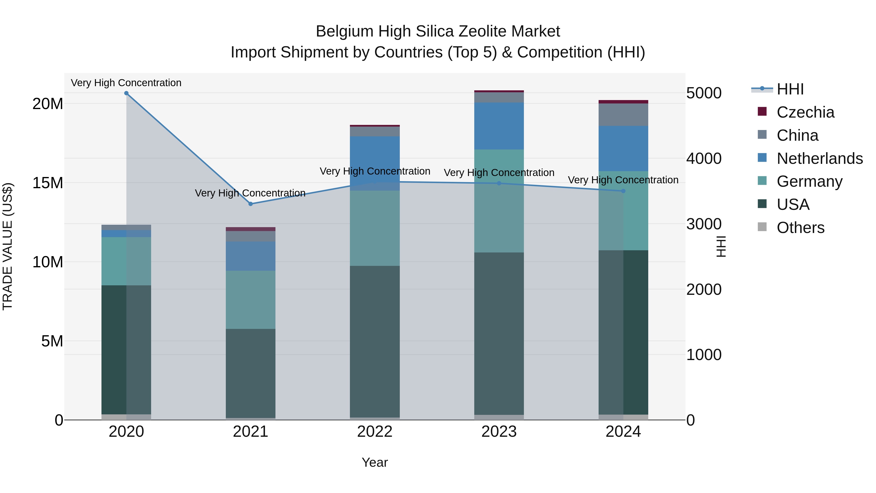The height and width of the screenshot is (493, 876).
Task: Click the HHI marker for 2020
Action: (126, 93)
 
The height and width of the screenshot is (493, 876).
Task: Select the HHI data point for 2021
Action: (251, 204)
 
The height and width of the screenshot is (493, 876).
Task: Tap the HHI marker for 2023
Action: (499, 183)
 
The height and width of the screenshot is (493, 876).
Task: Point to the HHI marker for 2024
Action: (623, 191)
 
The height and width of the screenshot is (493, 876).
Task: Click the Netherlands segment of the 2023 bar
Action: (499, 126)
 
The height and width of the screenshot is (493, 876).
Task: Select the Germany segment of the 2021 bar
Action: (251, 299)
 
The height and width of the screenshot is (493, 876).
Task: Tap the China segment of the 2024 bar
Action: (623, 115)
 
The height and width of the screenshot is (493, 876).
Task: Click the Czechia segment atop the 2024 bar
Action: (623, 102)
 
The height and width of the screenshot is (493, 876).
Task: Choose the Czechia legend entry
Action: (805, 112)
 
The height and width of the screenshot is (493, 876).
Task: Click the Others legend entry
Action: (800, 228)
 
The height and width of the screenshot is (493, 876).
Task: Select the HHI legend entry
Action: (790, 89)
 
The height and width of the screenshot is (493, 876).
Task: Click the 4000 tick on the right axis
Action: (703, 158)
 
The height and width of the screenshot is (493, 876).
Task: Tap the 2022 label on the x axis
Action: (375, 432)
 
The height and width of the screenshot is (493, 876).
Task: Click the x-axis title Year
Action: (375, 462)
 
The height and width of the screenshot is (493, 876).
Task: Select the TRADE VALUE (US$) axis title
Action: (8, 246)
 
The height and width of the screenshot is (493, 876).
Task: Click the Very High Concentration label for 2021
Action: (250, 193)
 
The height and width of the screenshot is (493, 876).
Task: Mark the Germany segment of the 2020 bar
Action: (126, 261)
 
